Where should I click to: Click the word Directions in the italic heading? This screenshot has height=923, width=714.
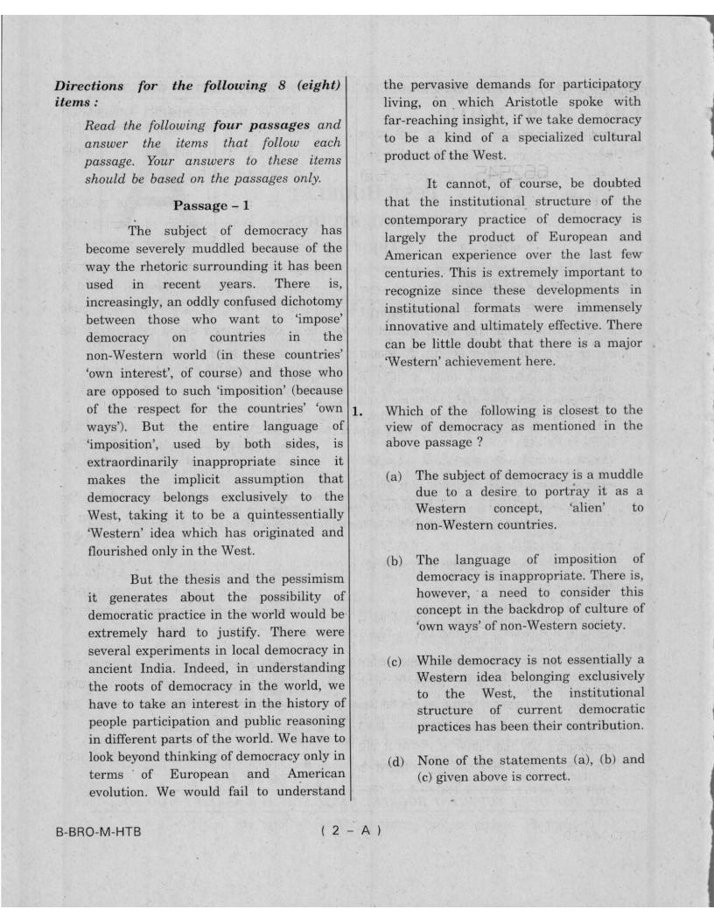87,86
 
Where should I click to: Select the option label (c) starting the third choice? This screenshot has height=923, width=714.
395,660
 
